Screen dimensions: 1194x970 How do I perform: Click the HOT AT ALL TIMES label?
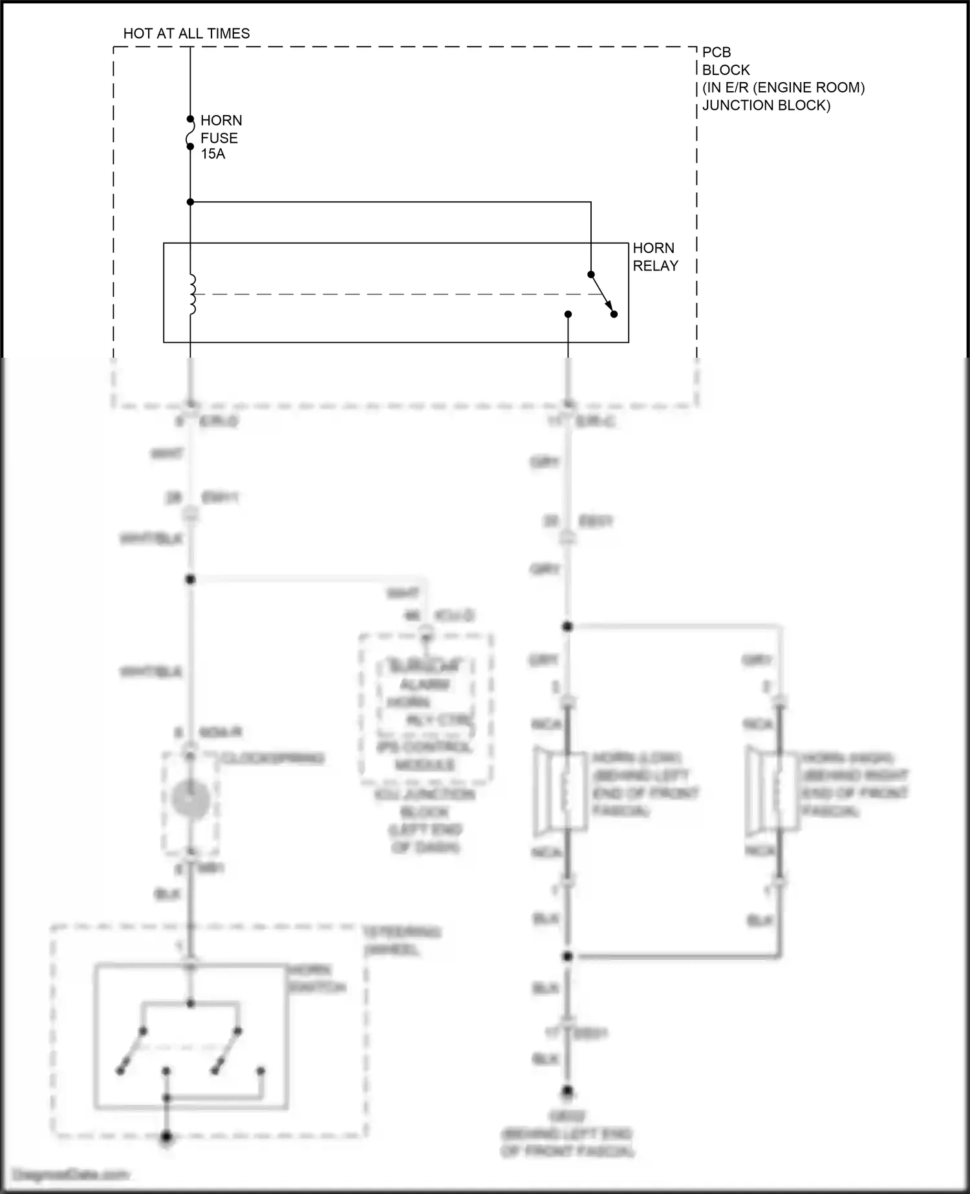point(186,34)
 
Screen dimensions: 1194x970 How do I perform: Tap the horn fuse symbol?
point(190,133)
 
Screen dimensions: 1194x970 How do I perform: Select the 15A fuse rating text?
point(213,155)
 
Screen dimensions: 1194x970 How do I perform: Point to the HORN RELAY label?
point(655,257)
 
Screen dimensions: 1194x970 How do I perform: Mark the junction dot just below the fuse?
point(190,202)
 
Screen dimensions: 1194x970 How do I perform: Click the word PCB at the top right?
point(717,52)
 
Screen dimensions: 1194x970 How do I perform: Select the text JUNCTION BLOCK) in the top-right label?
point(766,105)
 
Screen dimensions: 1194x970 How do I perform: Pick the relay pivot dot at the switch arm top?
point(590,274)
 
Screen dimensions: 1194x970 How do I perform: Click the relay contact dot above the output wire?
point(568,314)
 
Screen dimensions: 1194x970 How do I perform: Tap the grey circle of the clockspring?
point(190,799)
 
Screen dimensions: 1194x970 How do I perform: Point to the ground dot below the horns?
point(568,1092)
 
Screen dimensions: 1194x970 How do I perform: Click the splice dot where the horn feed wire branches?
point(568,626)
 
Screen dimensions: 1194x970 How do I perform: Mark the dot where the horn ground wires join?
point(568,956)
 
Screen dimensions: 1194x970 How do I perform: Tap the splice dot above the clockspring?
point(190,580)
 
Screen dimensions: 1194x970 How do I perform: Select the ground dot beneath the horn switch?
point(166,1136)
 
